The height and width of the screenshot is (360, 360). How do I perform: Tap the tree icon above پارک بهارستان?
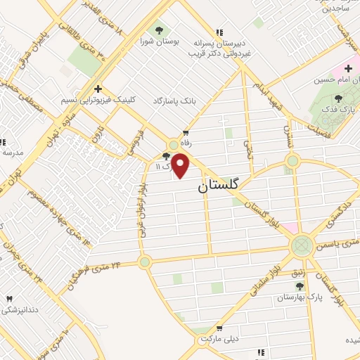(x=300, y=286)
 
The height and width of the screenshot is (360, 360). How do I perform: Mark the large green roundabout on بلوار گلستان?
(x=302, y=245)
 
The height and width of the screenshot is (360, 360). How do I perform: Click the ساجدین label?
(x=337, y=9)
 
